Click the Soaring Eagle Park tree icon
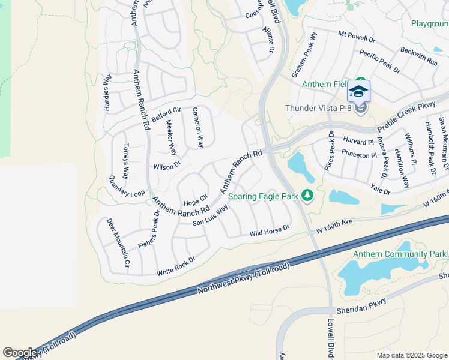click(x=307, y=196)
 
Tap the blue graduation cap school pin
click(x=358, y=91)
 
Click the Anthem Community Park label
click(x=399, y=254)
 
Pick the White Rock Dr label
click(x=176, y=265)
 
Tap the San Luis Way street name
click(x=210, y=215)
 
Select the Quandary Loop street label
click(x=127, y=186)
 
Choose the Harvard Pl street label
click(x=358, y=142)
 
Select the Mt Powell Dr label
click(x=357, y=37)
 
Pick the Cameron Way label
click(x=197, y=127)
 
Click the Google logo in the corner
click(x=19, y=353)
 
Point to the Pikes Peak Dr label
click(x=329, y=152)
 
